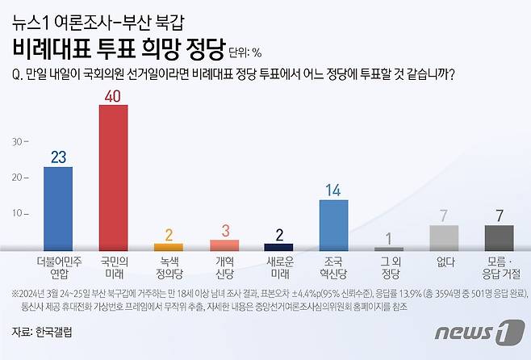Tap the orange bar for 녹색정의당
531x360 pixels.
tap(169, 246)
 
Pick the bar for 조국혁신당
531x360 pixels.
tap(334, 224)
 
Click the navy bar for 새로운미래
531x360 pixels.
tap(279, 246)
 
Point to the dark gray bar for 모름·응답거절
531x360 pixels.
tap(499, 237)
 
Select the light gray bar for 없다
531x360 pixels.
tap(444, 237)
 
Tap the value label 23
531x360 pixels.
tap(57, 157)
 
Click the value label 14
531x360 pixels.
tap(334, 190)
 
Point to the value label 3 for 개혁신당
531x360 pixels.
tap(224, 230)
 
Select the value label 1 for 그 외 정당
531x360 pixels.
tap(389, 238)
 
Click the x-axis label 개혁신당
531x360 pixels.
tap(224, 267)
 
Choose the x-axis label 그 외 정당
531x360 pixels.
tap(389, 267)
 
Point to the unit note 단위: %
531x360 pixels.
tap(245, 53)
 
